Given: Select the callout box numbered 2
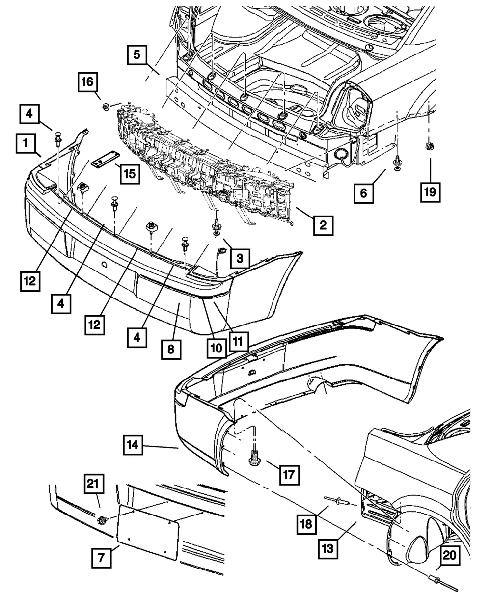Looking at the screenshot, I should [323, 225].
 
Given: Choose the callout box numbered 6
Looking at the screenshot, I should [364, 193].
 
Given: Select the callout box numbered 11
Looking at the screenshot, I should [237, 339].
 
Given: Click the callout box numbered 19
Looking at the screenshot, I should [430, 192].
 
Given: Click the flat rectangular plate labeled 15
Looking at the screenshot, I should [104, 163].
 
